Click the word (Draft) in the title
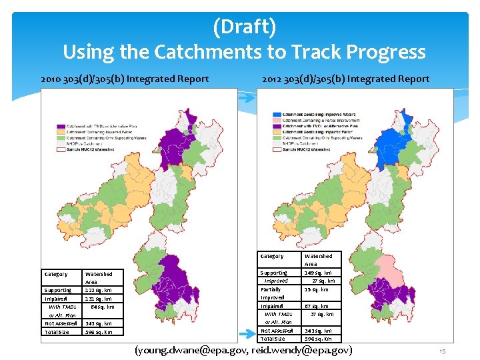pyautogui.click(x=244, y=27)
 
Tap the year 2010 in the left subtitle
pyautogui.click(x=52, y=79)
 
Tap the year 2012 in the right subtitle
pyautogui.click(x=273, y=79)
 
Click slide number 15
pyautogui.click(x=442, y=350)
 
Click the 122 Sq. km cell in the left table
pyautogui.click(x=99, y=291)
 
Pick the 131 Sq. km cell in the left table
pyautogui.click(x=99, y=299)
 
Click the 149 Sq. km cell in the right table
pyautogui.click(x=318, y=273)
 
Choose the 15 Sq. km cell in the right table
pyautogui.click(x=316, y=289)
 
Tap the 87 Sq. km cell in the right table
pyautogui.click(x=316, y=306)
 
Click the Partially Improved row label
pyautogui.click(x=273, y=293)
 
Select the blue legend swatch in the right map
pyautogui.click(x=277, y=115)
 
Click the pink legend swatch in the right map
pyautogui.click(x=277, y=120)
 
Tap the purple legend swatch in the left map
pyautogui.click(x=61, y=126)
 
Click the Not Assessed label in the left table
pyautogui.click(x=61, y=323)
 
